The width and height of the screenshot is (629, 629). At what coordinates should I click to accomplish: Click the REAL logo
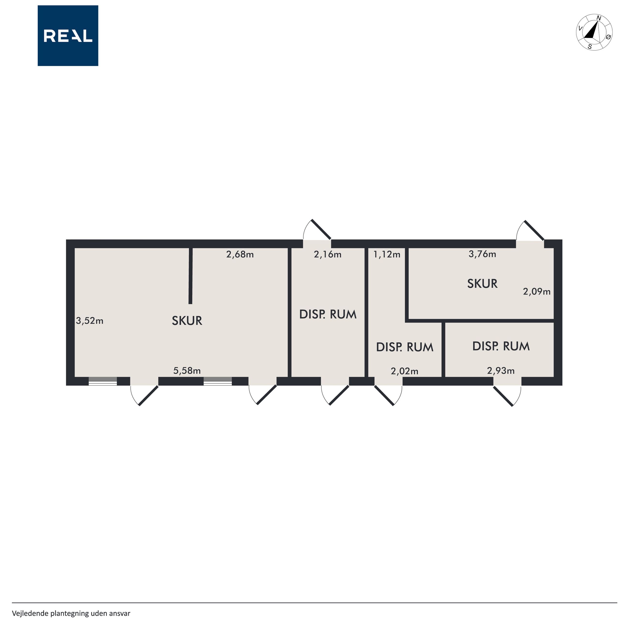pyautogui.click(x=68, y=36)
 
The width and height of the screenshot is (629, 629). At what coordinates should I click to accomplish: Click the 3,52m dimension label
pyautogui.click(x=90, y=321)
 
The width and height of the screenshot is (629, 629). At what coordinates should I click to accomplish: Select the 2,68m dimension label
pyautogui.click(x=240, y=254)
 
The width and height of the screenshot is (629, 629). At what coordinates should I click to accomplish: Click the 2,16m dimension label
pyautogui.click(x=328, y=254)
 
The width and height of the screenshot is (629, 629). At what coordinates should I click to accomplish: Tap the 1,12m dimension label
pyautogui.click(x=387, y=254)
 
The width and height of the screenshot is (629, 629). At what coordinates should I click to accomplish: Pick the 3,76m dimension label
pyautogui.click(x=482, y=254)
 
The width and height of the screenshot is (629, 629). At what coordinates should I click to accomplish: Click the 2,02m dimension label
pyautogui.click(x=404, y=371)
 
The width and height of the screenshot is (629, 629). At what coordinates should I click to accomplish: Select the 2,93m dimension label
pyautogui.click(x=501, y=370)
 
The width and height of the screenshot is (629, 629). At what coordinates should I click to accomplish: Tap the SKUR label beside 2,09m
pyautogui.click(x=482, y=284)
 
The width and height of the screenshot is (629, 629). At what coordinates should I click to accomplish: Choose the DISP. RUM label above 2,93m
pyautogui.click(x=501, y=346)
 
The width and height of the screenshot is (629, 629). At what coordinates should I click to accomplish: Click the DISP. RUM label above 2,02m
pyautogui.click(x=405, y=347)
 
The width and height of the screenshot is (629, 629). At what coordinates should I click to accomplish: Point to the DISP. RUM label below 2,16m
pyautogui.click(x=328, y=314)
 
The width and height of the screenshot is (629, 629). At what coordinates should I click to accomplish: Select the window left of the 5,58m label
pyautogui.click(x=103, y=381)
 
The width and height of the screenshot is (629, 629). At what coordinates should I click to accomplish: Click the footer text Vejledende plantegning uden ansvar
pyautogui.click(x=71, y=613)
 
